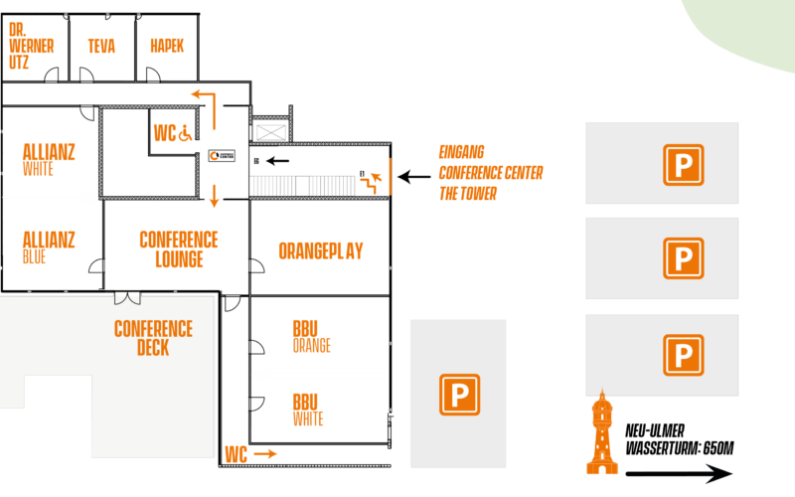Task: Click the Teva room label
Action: click(101, 46)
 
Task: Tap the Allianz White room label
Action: click(48, 159)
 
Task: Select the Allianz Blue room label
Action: click(48, 248)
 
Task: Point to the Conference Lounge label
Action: click(179, 249)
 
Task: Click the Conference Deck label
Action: click(153, 338)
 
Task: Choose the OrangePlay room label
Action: click(320, 250)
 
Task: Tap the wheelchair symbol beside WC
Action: click(186, 133)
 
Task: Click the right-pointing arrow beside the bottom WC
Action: click(265, 454)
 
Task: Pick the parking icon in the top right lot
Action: click(683, 165)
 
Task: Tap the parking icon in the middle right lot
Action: click(683, 258)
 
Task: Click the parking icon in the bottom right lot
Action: click(683, 355)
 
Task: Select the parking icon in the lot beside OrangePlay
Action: click(459, 395)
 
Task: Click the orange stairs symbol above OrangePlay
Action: click(374, 181)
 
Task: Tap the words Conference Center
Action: click(491, 173)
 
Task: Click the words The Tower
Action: click(467, 194)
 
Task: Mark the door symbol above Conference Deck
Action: click(127, 296)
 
